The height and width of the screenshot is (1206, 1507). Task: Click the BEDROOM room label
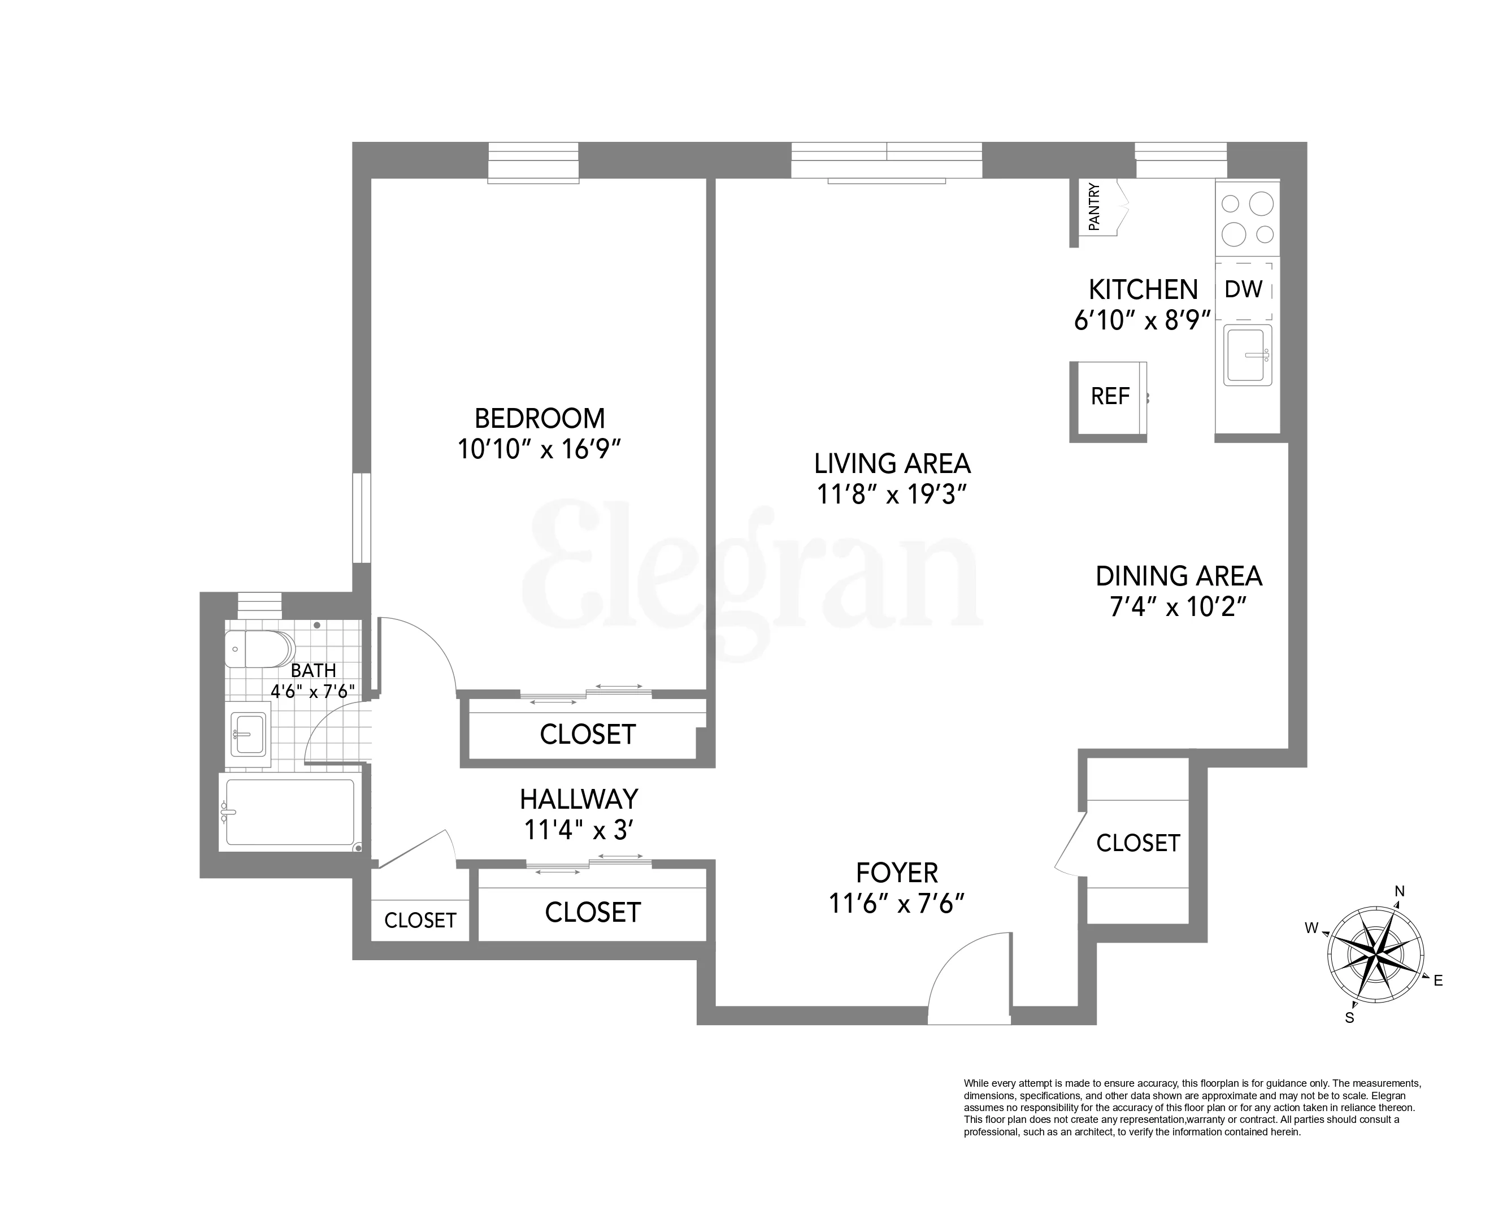click(x=540, y=418)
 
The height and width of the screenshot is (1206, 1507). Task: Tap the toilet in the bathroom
click(x=259, y=649)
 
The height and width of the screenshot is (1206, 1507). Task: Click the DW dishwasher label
click(x=1244, y=289)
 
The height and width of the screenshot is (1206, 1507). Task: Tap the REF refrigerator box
click(x=1110, y=396)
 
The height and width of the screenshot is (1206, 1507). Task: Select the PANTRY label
click(x=1094, y=207)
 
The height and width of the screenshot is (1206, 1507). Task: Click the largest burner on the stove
click(x=1261, y=204)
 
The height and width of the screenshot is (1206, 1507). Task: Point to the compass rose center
click(x=1375, y=952)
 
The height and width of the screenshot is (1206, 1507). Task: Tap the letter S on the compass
click(x=1350, y=1018)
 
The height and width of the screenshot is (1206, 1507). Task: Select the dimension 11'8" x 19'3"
click(x=892, y=495)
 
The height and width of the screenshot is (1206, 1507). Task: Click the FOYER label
click(x=897, y=873)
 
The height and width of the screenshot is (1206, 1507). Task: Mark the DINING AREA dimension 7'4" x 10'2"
click(x=1179, y=607)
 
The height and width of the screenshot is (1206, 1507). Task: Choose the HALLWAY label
click(x=579, y=799)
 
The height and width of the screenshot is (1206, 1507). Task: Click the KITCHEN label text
click(x=1144, y=289)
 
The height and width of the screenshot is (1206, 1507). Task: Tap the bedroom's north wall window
click(x=533, y=162)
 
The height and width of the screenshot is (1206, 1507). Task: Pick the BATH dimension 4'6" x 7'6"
click(x=312, y=691)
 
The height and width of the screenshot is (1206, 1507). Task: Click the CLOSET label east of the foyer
click(x=1138, y=843)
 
